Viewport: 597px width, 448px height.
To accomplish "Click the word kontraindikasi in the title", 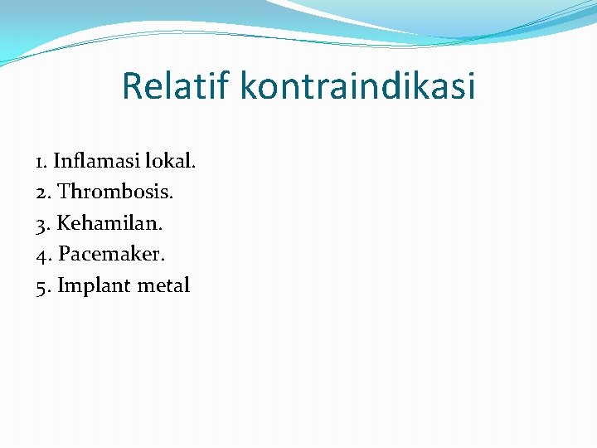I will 358,85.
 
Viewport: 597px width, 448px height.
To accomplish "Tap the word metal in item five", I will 163,286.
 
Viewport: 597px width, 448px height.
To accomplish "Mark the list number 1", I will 40,161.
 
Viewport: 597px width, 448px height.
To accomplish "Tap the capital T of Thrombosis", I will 66,192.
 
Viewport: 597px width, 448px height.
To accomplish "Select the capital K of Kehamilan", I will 65,223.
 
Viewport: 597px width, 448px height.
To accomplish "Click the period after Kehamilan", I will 161,229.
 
